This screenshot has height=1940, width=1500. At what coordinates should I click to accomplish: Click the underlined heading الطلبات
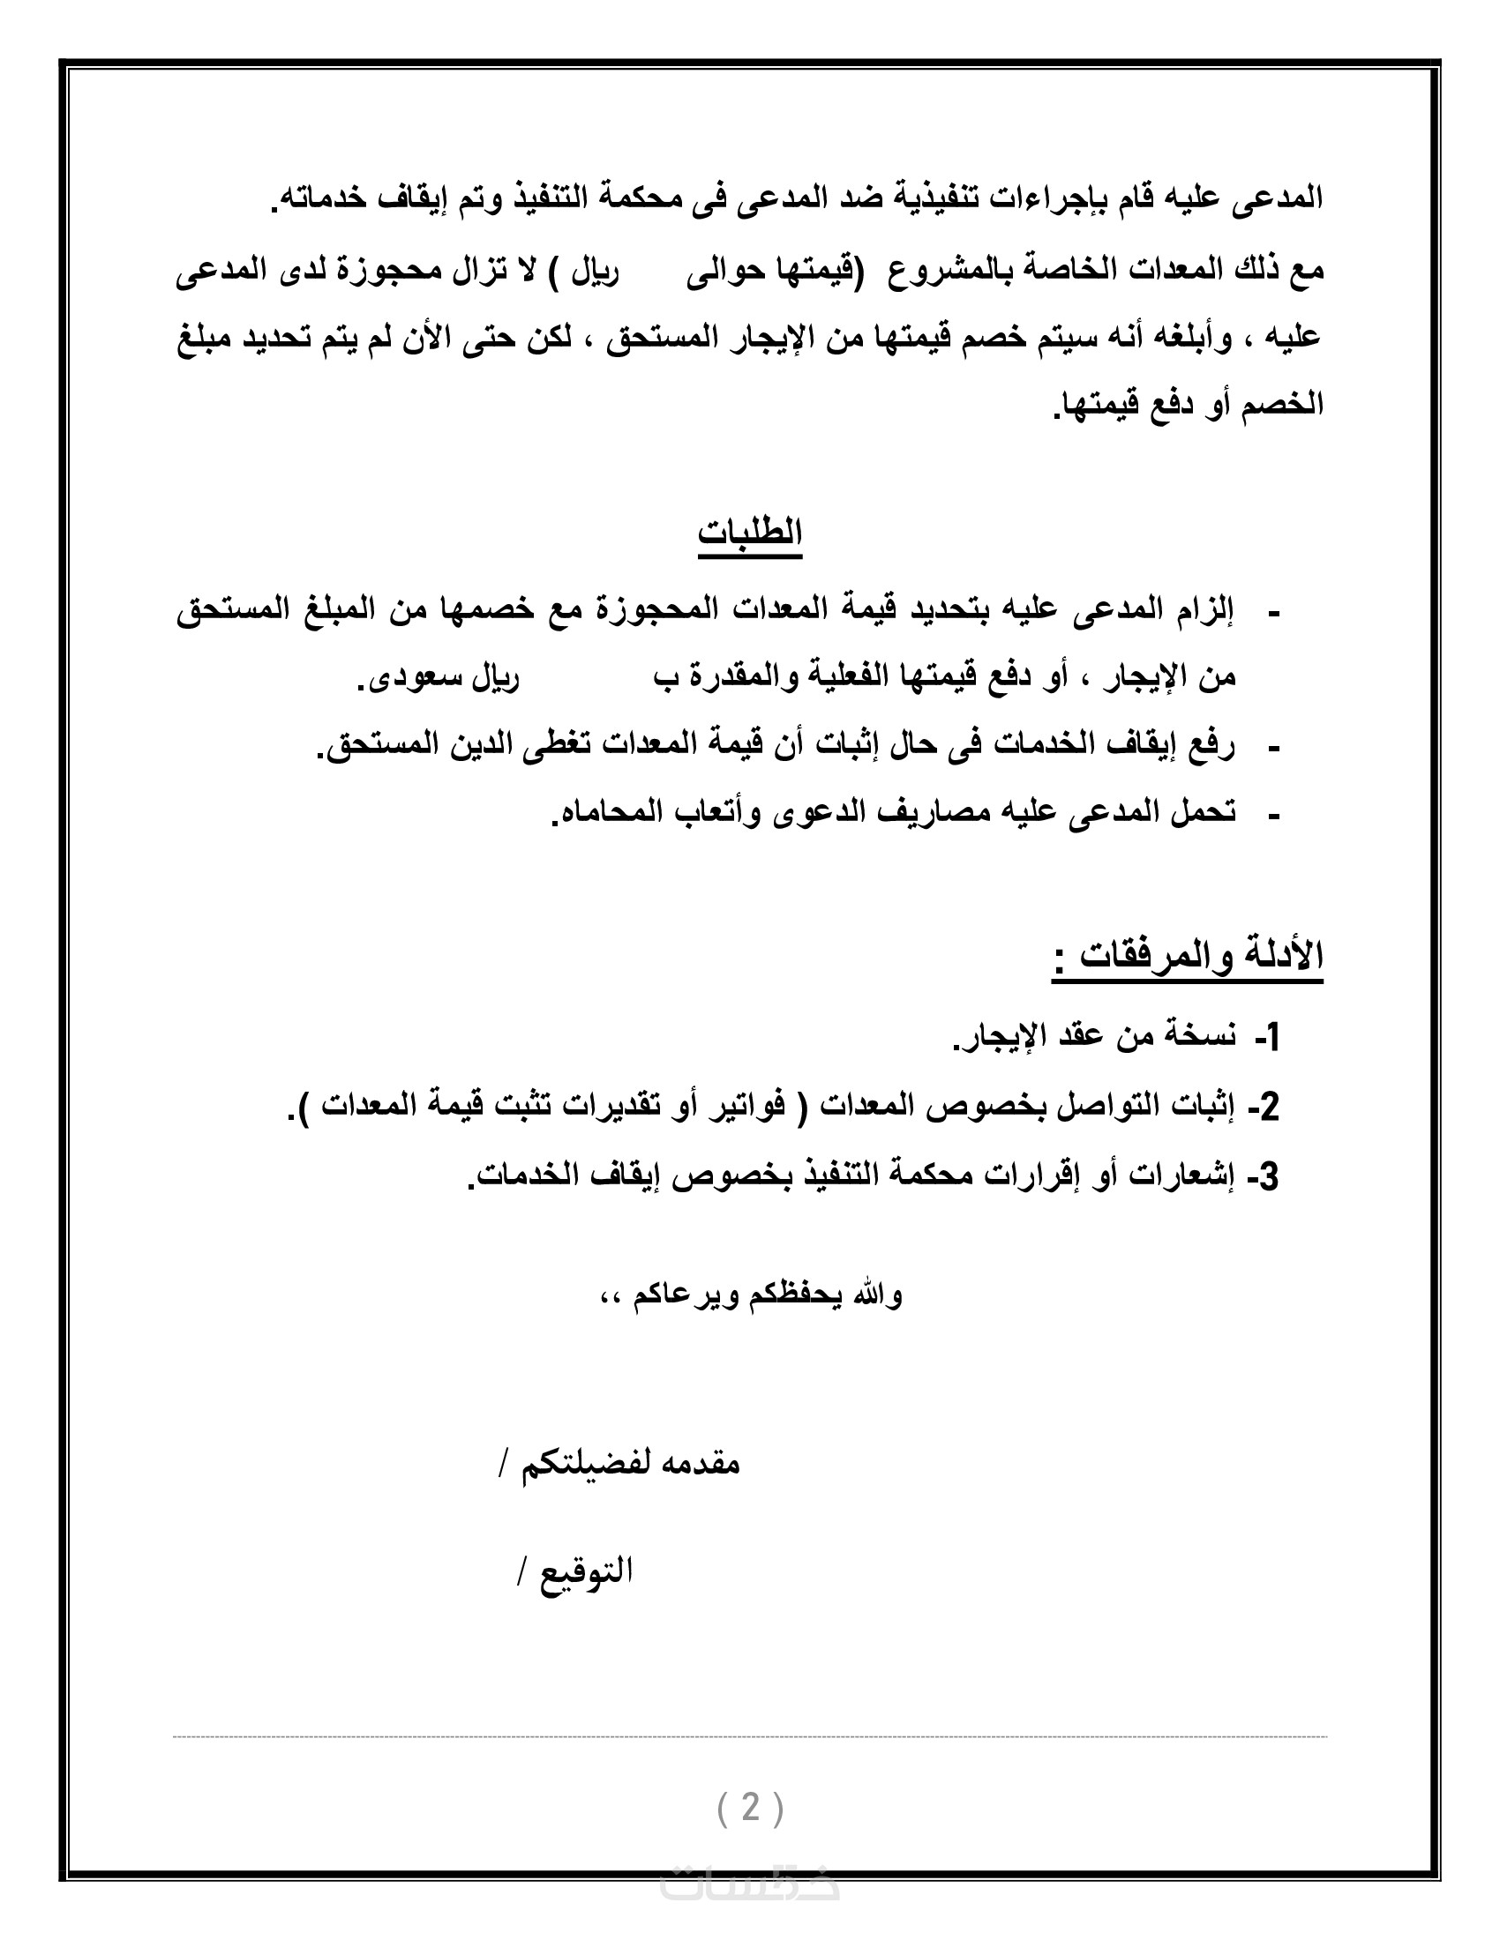click(750, 533)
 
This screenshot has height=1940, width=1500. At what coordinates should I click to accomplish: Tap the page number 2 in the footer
click(751, 1807)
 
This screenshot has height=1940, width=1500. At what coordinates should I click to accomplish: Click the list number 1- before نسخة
click(1267, 1037)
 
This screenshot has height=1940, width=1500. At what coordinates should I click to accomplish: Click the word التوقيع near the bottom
click(587, 1571)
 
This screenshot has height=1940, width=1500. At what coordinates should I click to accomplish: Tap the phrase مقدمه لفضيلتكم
click(630, 1463)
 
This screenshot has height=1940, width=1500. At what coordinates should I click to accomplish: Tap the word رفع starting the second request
click(1213, 744)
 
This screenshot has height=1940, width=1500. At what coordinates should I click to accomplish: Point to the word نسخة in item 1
click(1195, 1037)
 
